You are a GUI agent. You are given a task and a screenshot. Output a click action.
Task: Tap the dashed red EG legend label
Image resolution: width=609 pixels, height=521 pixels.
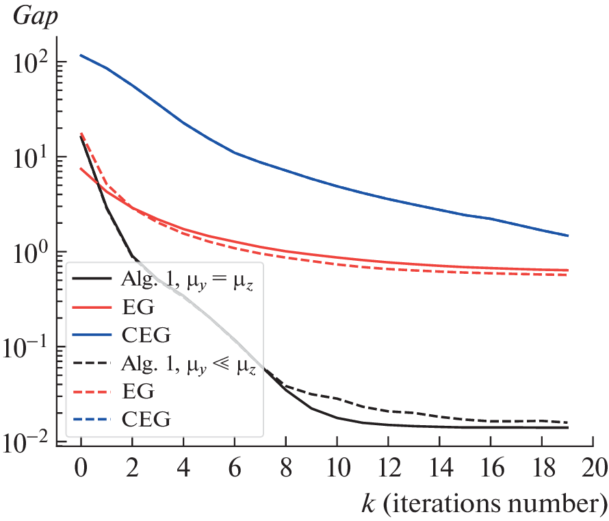point(138,392)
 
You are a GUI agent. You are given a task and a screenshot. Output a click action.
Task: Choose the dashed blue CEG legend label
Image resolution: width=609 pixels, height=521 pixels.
point(145,418)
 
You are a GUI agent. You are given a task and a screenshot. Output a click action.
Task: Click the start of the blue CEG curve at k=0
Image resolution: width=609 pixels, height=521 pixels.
point(81,55)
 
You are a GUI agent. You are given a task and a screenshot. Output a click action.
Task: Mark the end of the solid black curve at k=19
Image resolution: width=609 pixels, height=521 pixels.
point(568,428)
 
